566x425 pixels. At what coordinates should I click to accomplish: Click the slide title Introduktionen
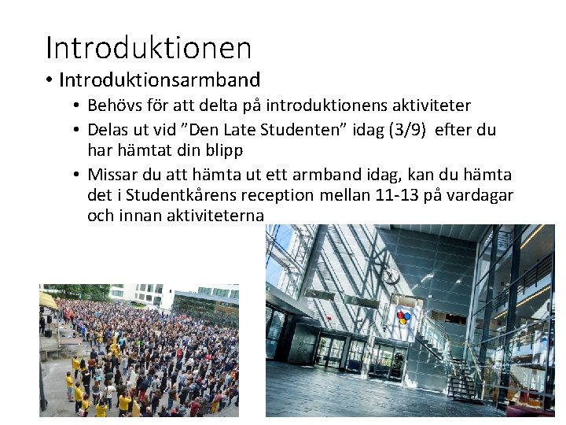149,47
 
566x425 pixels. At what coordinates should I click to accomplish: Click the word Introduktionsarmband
160,80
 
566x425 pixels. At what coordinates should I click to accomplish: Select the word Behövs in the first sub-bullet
112,105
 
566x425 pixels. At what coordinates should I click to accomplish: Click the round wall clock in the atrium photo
391,276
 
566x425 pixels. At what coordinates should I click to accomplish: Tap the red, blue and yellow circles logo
402,318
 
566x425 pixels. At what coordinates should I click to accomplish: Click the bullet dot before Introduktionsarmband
50,81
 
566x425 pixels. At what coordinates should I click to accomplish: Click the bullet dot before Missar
78,175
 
